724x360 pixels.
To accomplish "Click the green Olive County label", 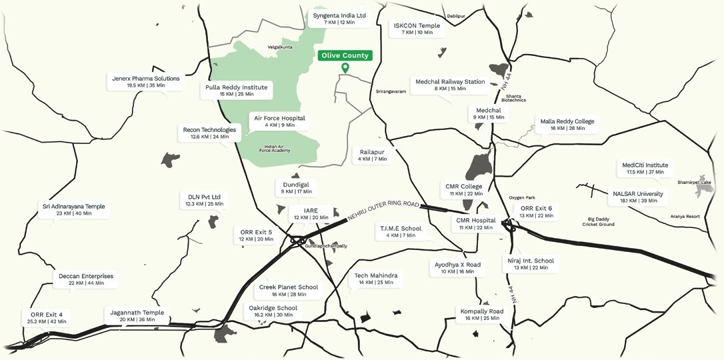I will point(345,56).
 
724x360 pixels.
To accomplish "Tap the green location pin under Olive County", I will point(345,67).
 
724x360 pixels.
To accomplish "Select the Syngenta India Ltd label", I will point(339,19).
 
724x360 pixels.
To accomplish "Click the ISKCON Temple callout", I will point(417,29).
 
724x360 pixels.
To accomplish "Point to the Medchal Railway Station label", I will point(450,85).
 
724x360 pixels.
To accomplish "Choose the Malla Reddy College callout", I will point(567,125).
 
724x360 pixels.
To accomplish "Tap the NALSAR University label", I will point(638,197).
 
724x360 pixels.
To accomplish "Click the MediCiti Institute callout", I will point(645,168).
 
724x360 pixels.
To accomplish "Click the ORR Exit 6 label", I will point(536,211).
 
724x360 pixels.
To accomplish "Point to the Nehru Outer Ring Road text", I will point(384,211).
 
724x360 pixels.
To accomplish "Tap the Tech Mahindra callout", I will point(375,279).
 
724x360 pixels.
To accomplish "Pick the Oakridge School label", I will point(273,311).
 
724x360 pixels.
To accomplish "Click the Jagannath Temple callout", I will point(137,315).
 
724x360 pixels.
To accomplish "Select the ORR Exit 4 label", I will point(47,317).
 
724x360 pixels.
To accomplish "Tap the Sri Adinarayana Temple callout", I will point(73,209).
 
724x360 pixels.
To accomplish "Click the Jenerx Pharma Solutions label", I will point(145,81).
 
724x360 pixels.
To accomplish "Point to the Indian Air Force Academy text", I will point(277,149).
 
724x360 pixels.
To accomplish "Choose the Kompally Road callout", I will point(481,314).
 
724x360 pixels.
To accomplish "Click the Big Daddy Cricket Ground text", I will point(597,221).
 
